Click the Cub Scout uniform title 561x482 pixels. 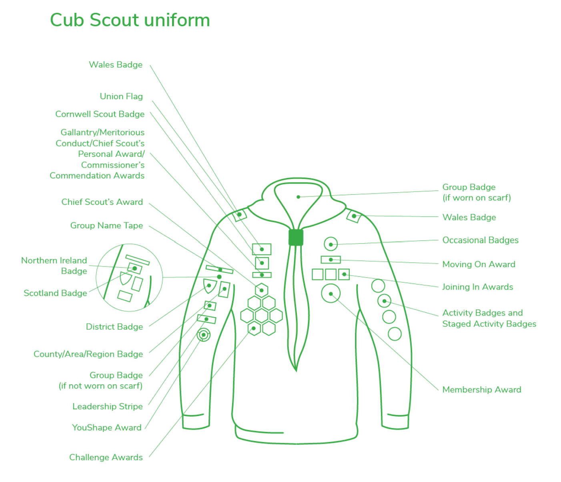[x=130, y=20]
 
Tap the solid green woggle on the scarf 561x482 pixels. [x=296, y=237]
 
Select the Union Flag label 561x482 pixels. [x=121, y=96]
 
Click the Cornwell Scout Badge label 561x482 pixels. [x=100, y=114]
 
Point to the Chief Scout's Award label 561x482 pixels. [x=102, y=202]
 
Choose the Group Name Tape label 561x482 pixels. [x=106, y=226]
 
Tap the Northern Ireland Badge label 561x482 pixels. [x=54, y=266]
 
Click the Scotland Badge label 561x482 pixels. [x=55, y=293]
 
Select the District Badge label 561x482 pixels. [x=114, y=327]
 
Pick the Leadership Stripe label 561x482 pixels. [x=108, y=406]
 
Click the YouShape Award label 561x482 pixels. [x=107, y=428]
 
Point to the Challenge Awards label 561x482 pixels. [x=106, y=457]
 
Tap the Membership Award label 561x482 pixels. [x=482, y=390]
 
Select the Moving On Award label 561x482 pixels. [x=479, y=264]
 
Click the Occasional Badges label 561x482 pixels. [x=480, y=240]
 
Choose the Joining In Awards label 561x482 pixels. [x=477, y=287]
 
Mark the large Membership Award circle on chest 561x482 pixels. [x=331, y=294]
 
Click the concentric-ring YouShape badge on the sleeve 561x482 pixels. [x=203, y=335]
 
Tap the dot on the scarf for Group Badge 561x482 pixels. [x=298, y=197]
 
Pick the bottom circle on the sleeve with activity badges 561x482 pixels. [x=395, y=334]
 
